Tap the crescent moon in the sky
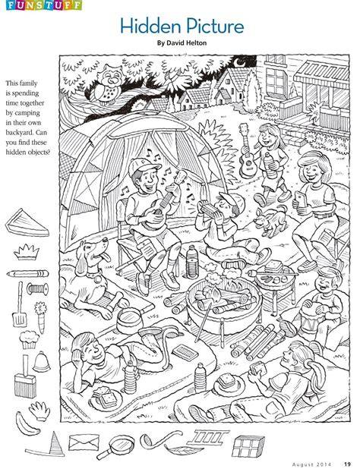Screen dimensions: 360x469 tap(238, 63)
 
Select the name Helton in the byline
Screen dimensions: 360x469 tap(195, 42)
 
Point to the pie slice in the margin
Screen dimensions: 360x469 tap(27, 223)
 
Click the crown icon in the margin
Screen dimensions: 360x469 tap(27, 252)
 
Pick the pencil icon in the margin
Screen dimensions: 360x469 tap(27, 273)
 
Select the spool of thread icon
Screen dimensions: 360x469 tap(38, 289)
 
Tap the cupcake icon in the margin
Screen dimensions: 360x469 tap(29, 339)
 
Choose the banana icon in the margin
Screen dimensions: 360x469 tap(26, 424)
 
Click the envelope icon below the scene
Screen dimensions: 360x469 tap(84, 442)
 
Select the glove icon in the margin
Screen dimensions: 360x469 tap(39, 411)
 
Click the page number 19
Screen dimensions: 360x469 tap(347, 464)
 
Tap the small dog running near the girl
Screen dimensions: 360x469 tap(270, 221)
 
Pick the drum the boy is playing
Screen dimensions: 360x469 tap(310, 319)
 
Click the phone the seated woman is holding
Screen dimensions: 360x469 tap(300, 199)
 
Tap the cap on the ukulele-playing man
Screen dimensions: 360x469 tap(144, 165)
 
